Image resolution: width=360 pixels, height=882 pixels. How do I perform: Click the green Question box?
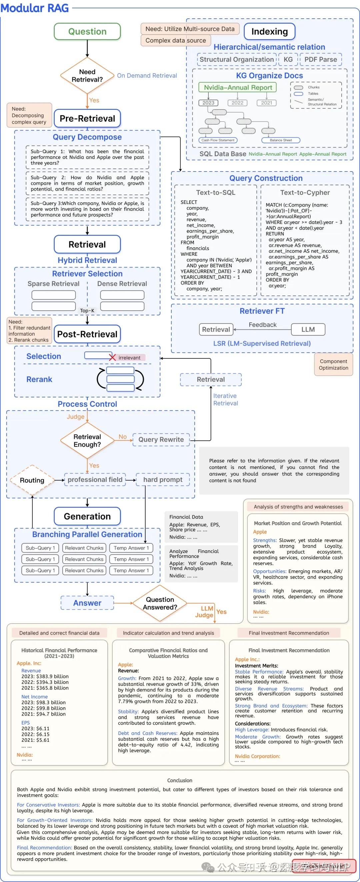pos(87,32)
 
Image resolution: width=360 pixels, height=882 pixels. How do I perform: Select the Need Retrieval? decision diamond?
pos(87,76)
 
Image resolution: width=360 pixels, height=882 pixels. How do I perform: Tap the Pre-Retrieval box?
pos(87,119)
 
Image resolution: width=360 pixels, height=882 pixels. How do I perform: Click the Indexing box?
pos(270,32)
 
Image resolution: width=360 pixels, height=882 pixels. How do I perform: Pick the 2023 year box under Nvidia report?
pos(208,103)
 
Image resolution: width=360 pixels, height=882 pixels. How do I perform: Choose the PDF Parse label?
pos(321,59)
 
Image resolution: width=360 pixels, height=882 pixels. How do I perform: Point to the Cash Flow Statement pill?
pos(218,140)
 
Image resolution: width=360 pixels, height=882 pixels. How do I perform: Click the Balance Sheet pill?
pos(281,140)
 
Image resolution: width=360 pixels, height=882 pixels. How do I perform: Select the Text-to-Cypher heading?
pos(305,193)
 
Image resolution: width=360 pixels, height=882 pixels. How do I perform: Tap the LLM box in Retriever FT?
pos(308,329)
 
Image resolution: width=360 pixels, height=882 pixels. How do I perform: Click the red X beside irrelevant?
pos(112,357)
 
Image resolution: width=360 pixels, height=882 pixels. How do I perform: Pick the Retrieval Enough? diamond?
pos(87,441)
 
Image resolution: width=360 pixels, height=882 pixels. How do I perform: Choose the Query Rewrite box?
pos(161,440)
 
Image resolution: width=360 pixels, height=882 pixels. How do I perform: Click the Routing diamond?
pos(32,480)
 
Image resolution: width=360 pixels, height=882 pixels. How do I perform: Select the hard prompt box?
pos(163,480)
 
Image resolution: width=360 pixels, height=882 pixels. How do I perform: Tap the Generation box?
pos(87,516)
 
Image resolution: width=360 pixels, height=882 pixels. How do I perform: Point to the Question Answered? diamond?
pos(160,603)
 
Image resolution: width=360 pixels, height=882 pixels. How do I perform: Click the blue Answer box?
pos(87,603)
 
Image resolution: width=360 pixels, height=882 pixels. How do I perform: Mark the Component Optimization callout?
pos(333,365)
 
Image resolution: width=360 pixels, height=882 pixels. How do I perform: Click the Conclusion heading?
pos(180,780)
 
